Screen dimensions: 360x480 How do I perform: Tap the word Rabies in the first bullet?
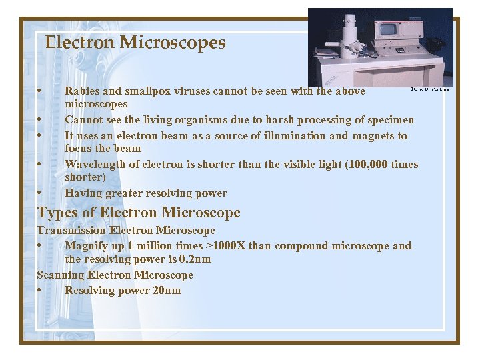pyautogui.click(x=81, y=91)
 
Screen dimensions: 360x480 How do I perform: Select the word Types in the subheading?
pyautogui.click(x=54, y=213)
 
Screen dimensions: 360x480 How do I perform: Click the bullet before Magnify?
pyautogui.click(x=41, y=246)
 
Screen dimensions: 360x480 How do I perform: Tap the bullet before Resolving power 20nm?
pyautogui.click(x=41, y=291)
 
